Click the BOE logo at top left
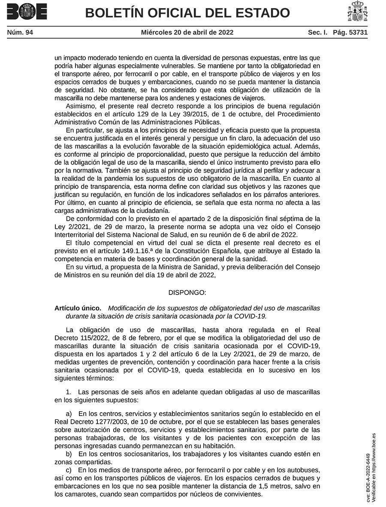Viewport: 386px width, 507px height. (27, 12)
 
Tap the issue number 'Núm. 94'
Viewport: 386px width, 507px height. (20, 32)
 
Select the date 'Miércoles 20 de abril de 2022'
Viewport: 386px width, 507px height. (187, 32)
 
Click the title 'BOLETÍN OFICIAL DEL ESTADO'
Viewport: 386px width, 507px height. (187, 13)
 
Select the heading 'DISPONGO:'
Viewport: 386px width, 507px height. (187, 292)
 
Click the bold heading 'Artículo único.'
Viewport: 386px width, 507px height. (78, 308)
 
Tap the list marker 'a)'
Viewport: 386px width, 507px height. (69, 413)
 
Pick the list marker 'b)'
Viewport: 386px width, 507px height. (69, 454)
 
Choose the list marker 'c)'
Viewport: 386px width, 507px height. (69, 470)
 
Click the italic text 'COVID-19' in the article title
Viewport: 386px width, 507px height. (253, 316)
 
